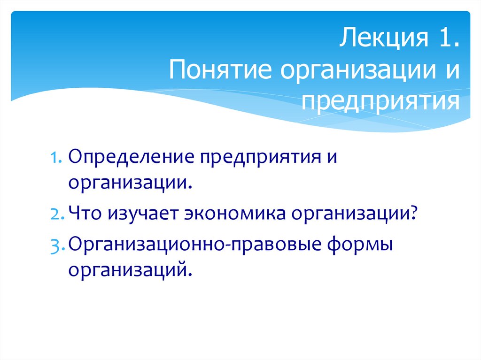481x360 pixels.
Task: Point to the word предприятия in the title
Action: pos(381,101)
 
